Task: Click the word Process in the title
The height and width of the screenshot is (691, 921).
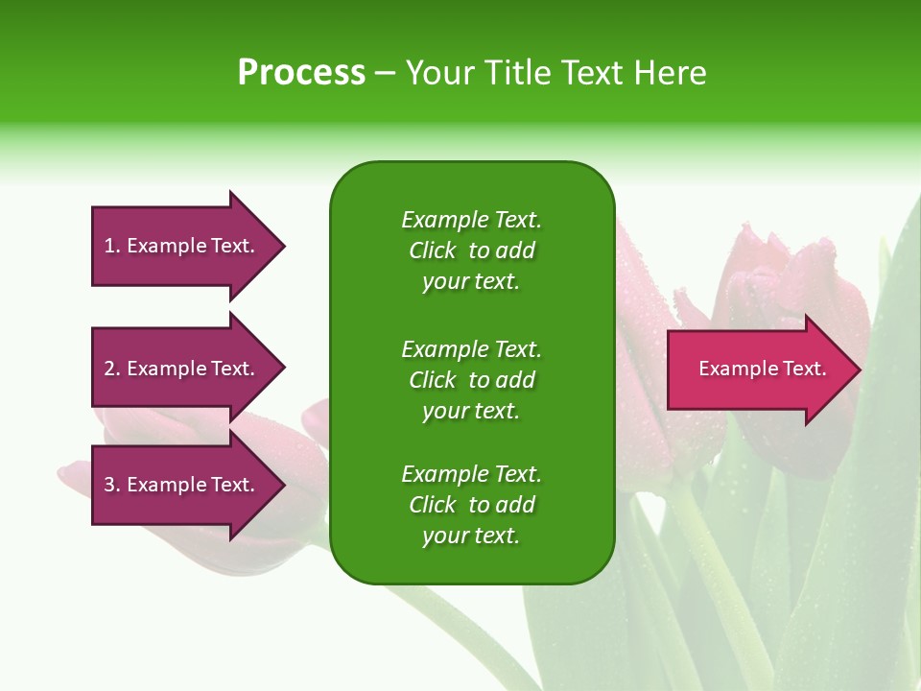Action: (x=301, y=72)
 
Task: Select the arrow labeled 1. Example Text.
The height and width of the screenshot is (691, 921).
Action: (x=182, y=246)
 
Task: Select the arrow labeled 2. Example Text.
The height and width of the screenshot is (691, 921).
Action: (x=182, y=369)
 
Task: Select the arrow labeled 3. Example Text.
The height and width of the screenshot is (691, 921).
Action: (x=182, y=485)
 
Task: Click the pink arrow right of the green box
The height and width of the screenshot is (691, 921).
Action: (x=758, y=369)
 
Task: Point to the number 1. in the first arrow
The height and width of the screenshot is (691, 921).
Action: (x=112, y=246)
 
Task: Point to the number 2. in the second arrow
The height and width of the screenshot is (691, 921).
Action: (x=112, y=369)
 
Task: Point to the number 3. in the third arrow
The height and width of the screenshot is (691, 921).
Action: (x=112, y=485)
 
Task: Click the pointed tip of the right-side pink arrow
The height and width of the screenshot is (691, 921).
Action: (x=858, y=369)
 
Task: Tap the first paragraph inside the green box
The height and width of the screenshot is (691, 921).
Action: (x=471, y=250)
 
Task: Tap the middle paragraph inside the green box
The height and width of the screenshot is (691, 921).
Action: (x=471, y=379)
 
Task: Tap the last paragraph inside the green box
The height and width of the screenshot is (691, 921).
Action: (x=471, y=505)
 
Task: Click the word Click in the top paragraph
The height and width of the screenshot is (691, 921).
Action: (x=433, y=251)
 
